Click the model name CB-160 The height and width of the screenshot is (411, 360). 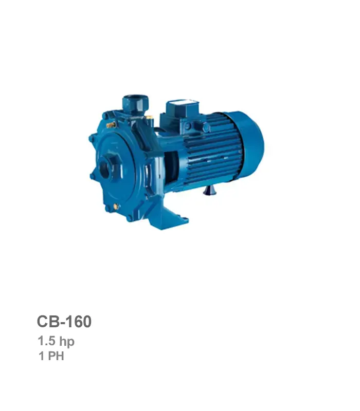pyautogui.click(x=64, y=322)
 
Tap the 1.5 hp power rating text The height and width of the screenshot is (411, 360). pyautogui.click(x=56, y=341)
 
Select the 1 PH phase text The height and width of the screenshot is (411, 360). pyautogui.click(x=51, y=356)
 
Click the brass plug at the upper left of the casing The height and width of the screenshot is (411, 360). pyautogui.click(x=111, y=125)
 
